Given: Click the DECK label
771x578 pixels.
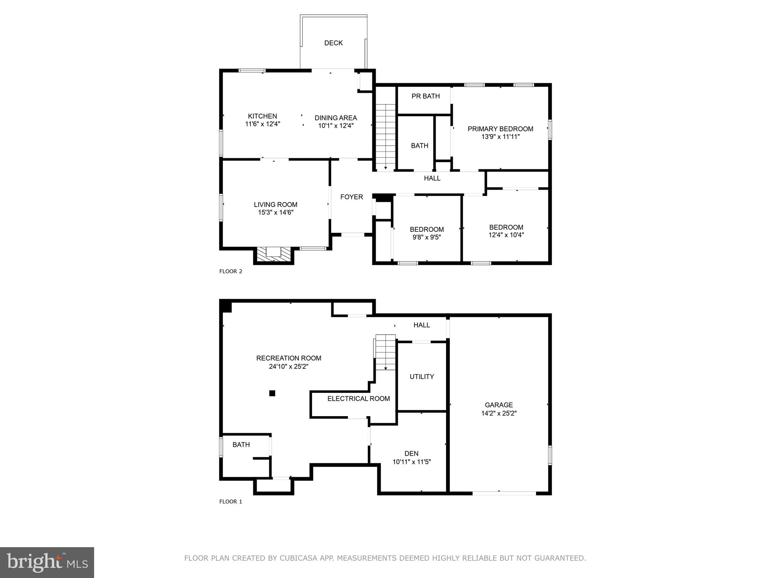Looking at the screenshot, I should coord(333,43).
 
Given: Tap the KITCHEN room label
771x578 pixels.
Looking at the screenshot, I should coord(262,116).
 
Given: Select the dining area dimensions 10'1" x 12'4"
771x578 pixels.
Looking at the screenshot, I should coord(336,126).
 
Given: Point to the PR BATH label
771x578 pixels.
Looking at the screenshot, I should coord(425,96).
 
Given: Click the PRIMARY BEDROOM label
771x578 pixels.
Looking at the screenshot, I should coord(500,129).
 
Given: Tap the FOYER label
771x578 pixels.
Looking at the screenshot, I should coord(351,197).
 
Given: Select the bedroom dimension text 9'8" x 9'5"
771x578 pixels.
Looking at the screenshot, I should coord(427,237).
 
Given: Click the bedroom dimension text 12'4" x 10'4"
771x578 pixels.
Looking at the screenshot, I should coord(506,235).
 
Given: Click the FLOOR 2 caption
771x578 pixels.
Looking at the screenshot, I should coord(230,271).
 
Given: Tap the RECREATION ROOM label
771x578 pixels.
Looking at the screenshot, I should coord(289,358).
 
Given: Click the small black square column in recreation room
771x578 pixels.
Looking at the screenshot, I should coord(272,393).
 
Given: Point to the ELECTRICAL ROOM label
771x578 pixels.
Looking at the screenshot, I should coord(358,399).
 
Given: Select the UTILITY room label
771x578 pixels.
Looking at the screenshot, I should coord(422,377).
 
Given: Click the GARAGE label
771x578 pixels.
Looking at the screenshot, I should coord(498,405).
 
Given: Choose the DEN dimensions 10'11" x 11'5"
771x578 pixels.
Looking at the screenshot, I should coord(411,462).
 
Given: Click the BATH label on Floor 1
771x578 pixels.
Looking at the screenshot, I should coord(241,445).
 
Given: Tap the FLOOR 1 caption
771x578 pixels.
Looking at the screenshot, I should coord(230,502).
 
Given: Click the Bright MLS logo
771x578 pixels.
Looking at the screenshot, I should coord(47,562).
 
